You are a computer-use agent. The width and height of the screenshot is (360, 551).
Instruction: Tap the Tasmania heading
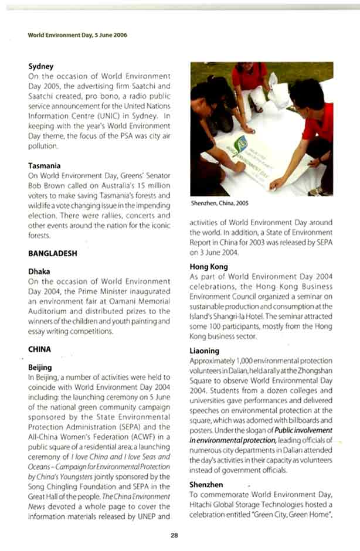point(45,166)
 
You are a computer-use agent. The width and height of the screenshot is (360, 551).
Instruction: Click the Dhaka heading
point(39,272)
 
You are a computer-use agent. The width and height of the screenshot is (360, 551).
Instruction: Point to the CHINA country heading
point(40,349)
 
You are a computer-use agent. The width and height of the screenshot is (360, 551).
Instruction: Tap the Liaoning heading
point(205,351)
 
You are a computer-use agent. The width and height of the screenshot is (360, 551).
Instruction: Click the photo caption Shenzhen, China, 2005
point(219,203)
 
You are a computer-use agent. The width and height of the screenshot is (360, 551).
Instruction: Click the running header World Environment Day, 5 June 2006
point(77,35)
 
